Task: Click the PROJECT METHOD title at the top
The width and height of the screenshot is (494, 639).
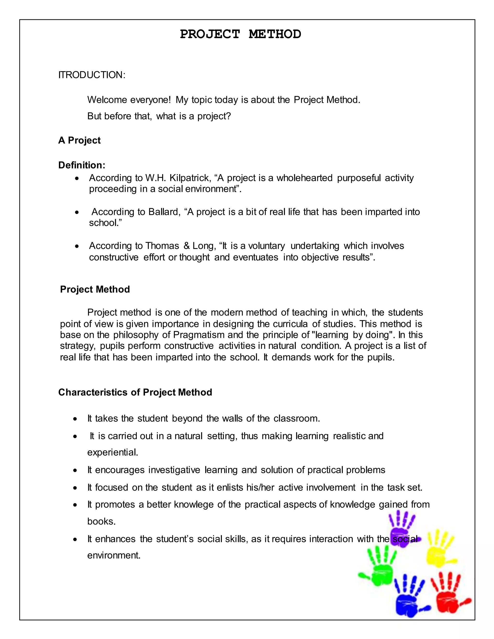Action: tap(240, 34)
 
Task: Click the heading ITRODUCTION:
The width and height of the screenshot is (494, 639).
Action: tap(92, 75)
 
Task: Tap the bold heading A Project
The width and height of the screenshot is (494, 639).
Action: tap(79, 140)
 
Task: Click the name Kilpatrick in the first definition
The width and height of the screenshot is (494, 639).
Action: tap(190, 178)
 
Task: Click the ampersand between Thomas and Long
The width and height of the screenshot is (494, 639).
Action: tap(186, 245)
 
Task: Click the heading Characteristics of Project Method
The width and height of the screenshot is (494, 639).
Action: tap(135, 392)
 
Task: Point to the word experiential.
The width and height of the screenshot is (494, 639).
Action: tap(112, 452)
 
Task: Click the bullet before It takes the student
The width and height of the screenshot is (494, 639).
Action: tap(75, 419)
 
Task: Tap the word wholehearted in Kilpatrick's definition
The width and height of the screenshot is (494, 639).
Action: tap(304, 178)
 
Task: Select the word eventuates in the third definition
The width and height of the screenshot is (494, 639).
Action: tap(255, 257)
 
